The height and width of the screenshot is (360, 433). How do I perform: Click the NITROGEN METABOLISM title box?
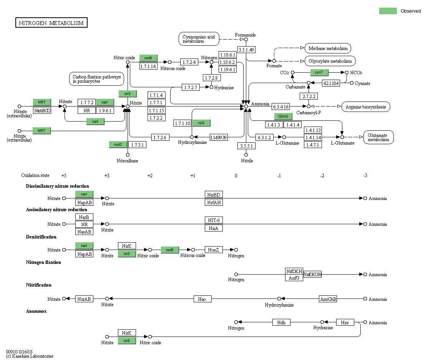coord(51,23)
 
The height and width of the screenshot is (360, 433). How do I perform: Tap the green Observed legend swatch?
coord(388,11)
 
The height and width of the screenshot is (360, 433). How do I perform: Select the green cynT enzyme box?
coord(319,72)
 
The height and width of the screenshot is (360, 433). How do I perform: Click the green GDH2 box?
coord(283,117)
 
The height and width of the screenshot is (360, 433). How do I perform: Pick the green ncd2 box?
coord(118,145)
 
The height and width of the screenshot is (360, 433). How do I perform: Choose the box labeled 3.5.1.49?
coord(246,50)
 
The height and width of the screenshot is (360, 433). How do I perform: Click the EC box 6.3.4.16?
coord(280,107)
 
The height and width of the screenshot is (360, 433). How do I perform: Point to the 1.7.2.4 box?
coord(189,62)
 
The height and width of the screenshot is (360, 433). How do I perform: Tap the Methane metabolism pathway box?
coord(328,48)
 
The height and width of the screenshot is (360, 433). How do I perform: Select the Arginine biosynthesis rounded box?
coord(365,107)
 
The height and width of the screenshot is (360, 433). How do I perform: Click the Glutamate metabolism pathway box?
coord(378,137)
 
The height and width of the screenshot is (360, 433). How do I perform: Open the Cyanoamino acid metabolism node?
coord(199,39)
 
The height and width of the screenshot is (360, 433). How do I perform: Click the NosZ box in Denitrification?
coord(214,250)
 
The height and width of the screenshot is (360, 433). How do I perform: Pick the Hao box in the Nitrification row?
coord(202,299)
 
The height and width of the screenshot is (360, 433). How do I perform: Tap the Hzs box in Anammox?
coord(345,322)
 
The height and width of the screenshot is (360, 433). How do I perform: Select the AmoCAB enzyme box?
coord(328,299)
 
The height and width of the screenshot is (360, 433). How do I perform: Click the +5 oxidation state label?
coord(64,175)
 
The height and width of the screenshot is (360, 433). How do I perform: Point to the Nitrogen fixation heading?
coord(43,262)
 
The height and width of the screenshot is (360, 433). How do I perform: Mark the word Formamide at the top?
coord(245,35)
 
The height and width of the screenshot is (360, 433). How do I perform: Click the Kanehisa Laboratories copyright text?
coord(30,356)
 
